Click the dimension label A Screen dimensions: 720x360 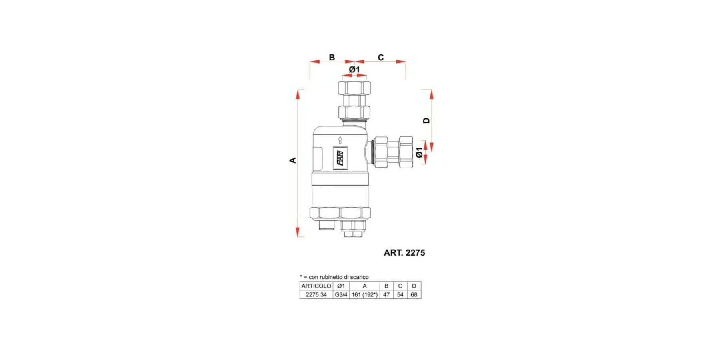pos(293,160)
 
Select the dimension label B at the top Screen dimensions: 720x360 pos(332,58)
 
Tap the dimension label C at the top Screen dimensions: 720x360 pos(381,58)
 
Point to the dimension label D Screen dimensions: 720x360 pos(426,120)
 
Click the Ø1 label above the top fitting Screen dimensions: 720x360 pos(354,70)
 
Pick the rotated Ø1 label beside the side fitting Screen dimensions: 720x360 pos(419,152)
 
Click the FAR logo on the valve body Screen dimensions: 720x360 pos(340,158)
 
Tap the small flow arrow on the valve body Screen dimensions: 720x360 pos(340,140)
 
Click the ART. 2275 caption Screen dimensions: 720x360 pos(404,253)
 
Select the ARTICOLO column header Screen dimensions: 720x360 pos(316,286)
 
